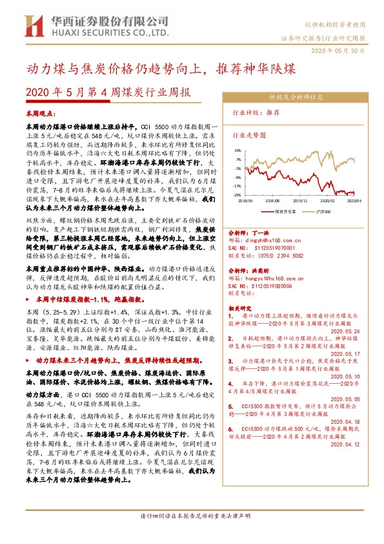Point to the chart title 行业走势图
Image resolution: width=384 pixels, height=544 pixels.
pyautogui.click(x=248, y=136)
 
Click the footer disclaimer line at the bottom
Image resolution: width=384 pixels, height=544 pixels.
pyautogui.click(x=192, y=535)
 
